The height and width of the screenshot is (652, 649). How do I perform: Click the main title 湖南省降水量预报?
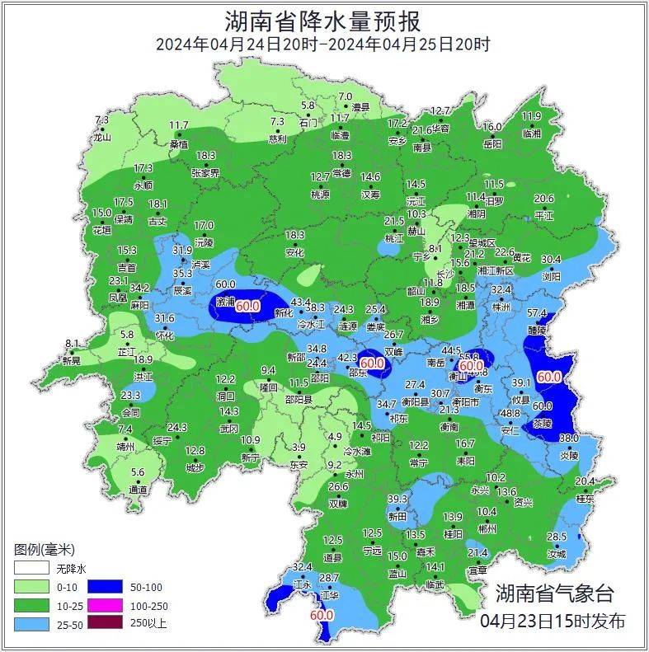(x=323, y=18)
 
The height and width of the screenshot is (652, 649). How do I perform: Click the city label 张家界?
(x=205, y=173)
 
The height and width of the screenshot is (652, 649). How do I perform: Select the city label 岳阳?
(x=492, y=143)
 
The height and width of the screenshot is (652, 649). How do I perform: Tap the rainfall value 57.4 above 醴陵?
(x=537, y=313)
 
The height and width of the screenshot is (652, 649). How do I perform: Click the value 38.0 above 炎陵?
(x=569, y=439)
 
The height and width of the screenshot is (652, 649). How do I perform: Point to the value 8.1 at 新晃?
(x=72, y=344)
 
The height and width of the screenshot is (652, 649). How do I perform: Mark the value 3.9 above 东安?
(x=300, y=448)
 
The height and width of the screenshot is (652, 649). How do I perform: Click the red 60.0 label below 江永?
(x=321, y=615)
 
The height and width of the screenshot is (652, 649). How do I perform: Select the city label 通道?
(x=138, y=490)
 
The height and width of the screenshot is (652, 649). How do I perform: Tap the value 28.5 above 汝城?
(x=557, y=537)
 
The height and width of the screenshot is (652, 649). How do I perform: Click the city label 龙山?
(x=101, y=138)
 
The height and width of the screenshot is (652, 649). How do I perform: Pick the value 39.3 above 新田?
(x=397, y=500)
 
